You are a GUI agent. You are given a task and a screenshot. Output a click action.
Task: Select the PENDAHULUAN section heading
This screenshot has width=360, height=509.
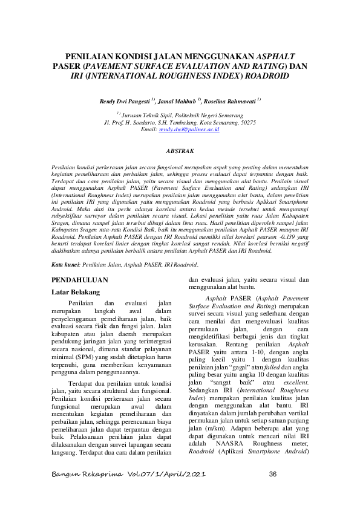(x=80, y=280)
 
